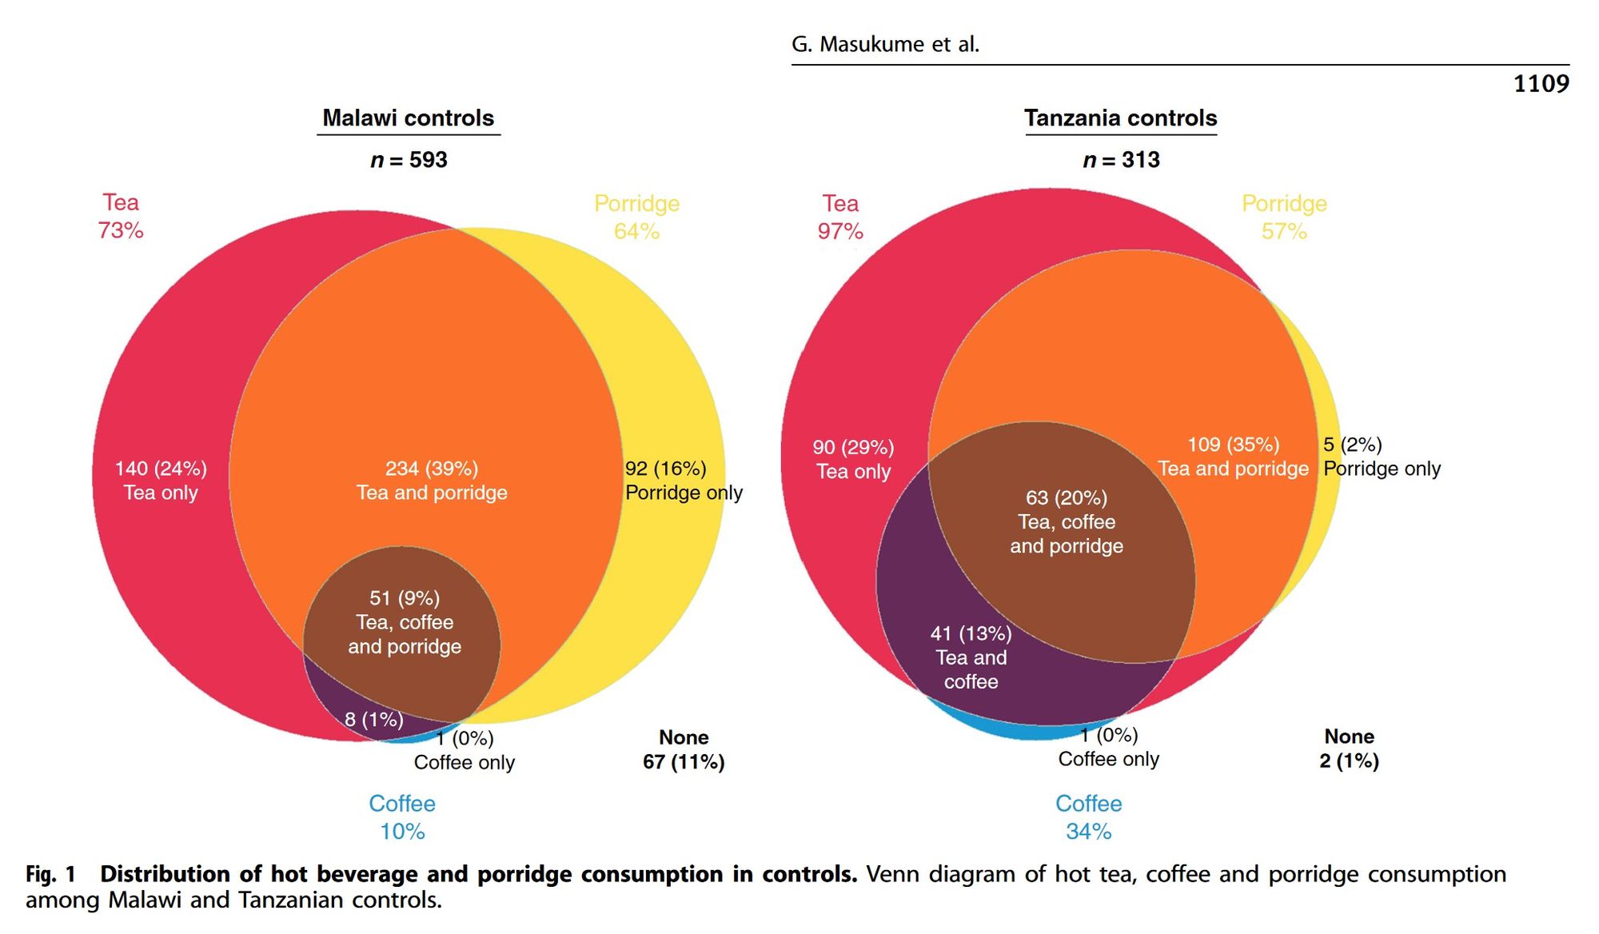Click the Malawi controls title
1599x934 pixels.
click(408, 118)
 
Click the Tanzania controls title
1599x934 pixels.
click(1120, 118)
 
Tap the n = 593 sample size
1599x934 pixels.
click(409, 160)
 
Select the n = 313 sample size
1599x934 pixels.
click(1121, 160)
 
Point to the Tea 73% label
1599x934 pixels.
click(121, 216)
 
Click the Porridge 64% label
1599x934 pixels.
click(636, 218)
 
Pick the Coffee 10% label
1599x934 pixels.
click(402, 817)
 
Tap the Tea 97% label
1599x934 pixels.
click(840, 218)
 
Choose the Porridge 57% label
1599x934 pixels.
click(1284, 218)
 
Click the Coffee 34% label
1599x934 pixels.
click(1088, 817)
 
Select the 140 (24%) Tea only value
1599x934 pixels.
click(161, 480)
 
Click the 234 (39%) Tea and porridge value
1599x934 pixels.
click(432, 480)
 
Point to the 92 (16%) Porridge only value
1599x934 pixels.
click(684, 480)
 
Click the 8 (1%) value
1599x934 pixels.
click(373, 719)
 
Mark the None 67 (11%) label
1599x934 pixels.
click(684, 749)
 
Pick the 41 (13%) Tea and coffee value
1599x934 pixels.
click(971, 657)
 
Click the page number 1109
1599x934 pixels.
click(1541, 83)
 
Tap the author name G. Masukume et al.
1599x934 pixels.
click(885, 44)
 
